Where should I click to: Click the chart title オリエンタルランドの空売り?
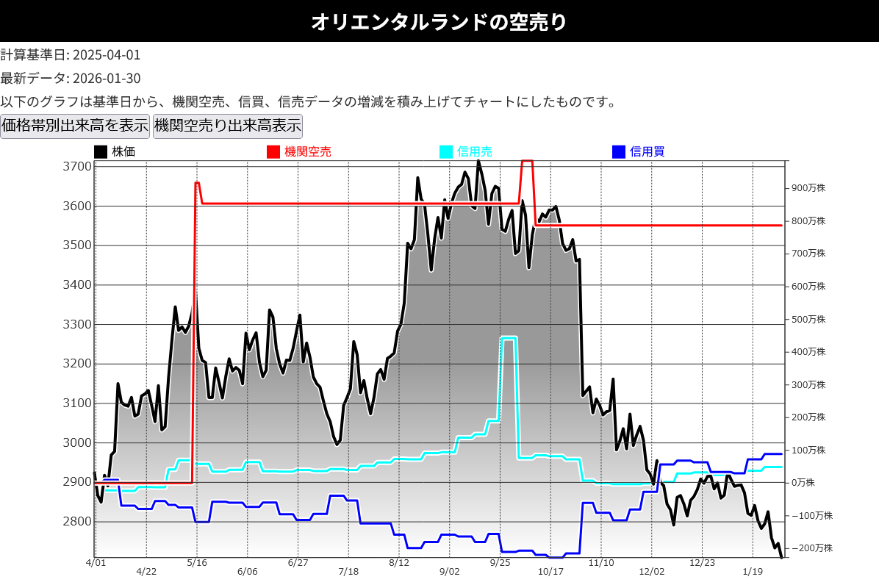click(x=439, y=21)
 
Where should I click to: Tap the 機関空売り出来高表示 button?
click(x=227, y=126)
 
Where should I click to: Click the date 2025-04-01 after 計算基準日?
click(x=107, y=55)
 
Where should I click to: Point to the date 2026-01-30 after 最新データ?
click(x=107, y=79)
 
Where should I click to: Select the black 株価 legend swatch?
click(x=101, y=152)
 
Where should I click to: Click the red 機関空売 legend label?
click(x=307, y=152)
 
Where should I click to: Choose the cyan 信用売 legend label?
click(x=474, y=152)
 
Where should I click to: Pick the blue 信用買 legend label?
click(x=647, y=152)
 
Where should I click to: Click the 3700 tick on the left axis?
click(x=77, y=167)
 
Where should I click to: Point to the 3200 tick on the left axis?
click(x=77, y=364)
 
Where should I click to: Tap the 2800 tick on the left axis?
click(x=77, y=522)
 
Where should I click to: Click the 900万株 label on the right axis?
click(x=808, y=188)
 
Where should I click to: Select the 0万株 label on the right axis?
click(x=803, y=483)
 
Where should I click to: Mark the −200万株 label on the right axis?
click(x=811, y=548)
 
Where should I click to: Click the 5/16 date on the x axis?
click(x=197, y=563)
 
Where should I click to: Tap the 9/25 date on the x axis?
click(x=500, y=563)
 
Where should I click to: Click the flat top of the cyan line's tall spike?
click(x=509, y=337)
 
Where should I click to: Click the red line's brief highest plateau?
click(x=526, y=161)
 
